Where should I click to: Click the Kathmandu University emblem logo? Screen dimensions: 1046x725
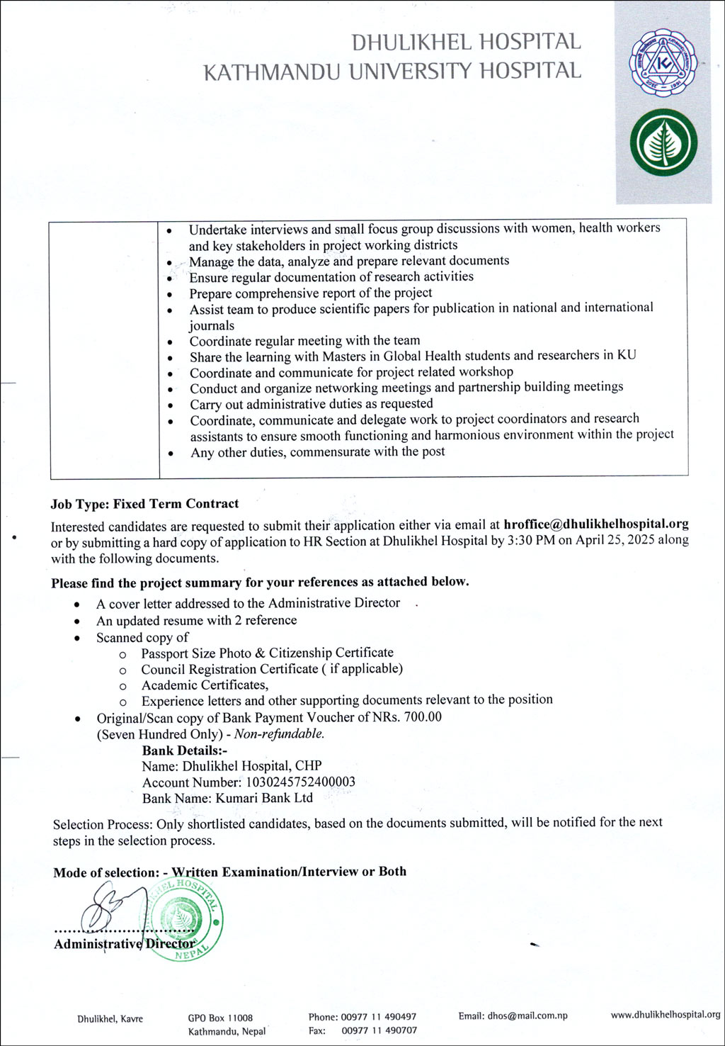click(x=663, y=62)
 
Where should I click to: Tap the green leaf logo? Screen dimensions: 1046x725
click(x=663, y=142)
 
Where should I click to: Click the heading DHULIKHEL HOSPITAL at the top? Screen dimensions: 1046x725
click(x=466, y=43)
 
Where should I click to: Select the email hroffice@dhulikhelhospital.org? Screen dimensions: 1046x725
click(x=596, y=524)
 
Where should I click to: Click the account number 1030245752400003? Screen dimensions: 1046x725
click(x=300, y=782)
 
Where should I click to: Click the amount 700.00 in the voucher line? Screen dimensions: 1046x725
click(x=423, y=717)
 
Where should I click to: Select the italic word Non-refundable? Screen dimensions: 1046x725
click(x=279, y=734)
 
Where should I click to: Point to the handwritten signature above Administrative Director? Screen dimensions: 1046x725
click(x=106, y=910)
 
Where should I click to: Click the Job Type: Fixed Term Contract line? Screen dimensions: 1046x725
click(x=144, y=504)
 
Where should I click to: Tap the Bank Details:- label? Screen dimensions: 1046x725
click(x=180, y=750)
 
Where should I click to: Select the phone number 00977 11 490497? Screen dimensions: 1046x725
click(x=378, y=1017)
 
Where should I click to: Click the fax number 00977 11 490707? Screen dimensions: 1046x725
click(x=379, y=1030)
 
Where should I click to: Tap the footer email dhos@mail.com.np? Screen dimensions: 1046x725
click(x=527, y=1016)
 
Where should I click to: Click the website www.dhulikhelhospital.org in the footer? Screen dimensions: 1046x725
click(x=665, y=1015)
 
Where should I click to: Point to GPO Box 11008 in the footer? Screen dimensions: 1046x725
click(x=220, y=1018)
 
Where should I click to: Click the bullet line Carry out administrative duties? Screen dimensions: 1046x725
click(x=311, y=404)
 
